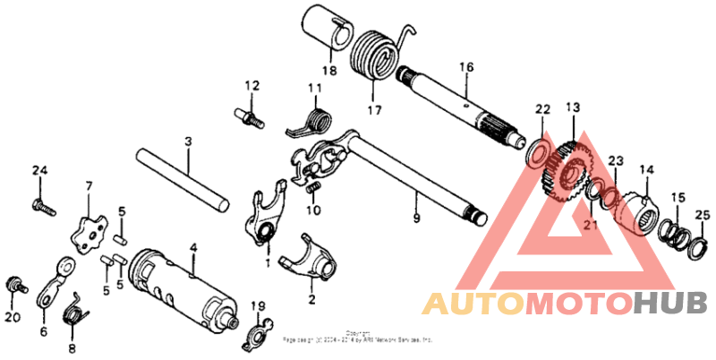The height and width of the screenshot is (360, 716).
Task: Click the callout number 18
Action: (328, 71)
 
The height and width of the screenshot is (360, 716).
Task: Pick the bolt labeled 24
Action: (41, 205)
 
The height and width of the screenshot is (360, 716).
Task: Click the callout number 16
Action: (466, 66)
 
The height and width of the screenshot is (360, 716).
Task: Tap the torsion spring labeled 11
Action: (313, 120)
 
